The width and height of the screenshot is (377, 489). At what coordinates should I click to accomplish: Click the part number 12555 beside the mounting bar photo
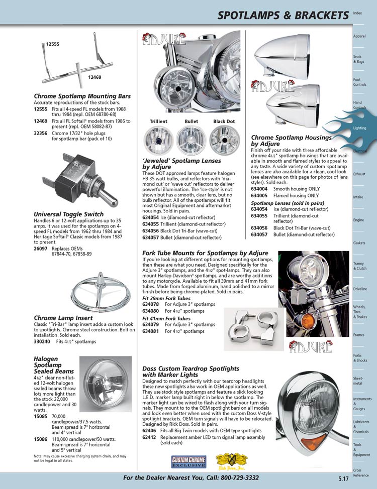pos(53,45)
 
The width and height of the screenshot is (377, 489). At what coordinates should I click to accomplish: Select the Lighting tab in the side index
pos(359,128)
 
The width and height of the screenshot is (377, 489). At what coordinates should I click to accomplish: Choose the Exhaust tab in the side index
pos(359,174)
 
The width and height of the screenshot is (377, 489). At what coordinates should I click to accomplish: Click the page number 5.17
pos(343,479)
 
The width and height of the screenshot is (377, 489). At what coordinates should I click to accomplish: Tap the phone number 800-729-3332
pos(234,477)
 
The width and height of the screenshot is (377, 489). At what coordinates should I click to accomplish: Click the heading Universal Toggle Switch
pos(68,214)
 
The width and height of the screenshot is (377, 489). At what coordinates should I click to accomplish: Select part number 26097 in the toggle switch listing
pos(41,249)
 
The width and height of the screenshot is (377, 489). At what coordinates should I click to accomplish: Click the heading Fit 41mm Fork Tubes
pos(166,318)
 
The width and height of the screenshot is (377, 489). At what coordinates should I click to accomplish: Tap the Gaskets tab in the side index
pos(359,243)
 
